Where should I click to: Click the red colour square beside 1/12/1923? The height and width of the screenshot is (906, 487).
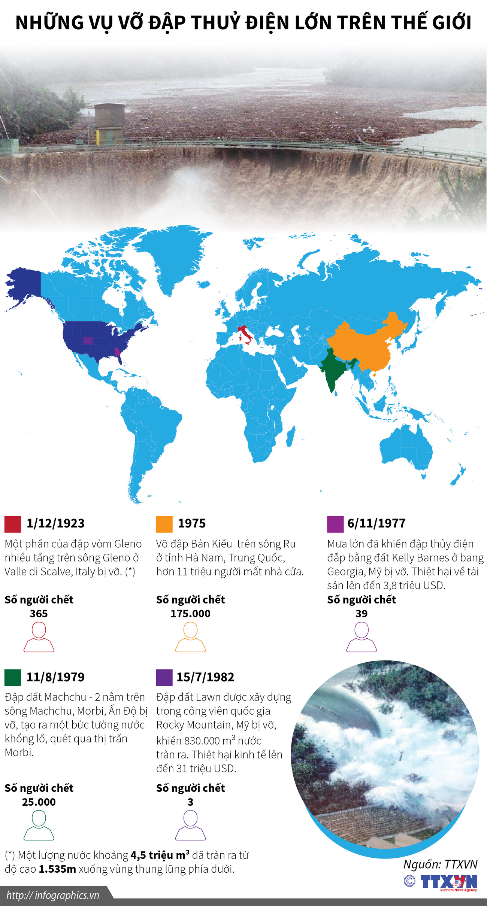pyautogui.click(x=13, y=524)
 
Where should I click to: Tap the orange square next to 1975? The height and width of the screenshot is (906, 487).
pyautogui.click(x=164, y=524)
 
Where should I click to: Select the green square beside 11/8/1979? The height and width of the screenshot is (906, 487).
pyautogui.click(x=13, y=677)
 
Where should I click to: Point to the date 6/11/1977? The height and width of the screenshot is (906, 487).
pyautogui.click(x=376, y=523)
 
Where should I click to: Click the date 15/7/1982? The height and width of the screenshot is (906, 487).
pyautogui.click(x=205, y=677)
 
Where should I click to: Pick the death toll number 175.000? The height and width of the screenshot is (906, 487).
pyautogui.click(x=190, y=614)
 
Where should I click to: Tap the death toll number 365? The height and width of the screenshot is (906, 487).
pyautogui.click(x=39, y=614)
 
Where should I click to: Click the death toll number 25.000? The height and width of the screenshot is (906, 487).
pyautogui.click(x=39, y=802)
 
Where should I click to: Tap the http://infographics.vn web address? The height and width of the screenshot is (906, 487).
pyautogui.click(x=53, y=895)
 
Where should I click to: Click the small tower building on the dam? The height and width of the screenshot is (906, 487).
pyautogui.click(x=109, y=124)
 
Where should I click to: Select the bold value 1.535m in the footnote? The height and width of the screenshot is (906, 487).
pyautogui.click(x=57, y=869)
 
